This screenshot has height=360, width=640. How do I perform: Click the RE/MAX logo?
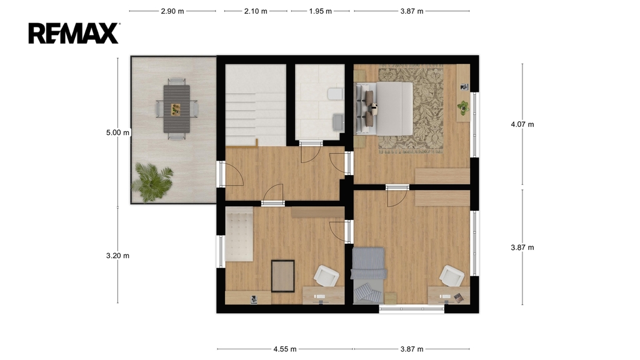[74, 33]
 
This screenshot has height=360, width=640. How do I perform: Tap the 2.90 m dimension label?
[172, 11]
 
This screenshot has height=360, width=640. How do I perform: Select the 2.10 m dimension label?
[256, 11]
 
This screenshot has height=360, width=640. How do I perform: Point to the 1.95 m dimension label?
[321, 11]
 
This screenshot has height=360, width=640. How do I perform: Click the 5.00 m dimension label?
[117, 132]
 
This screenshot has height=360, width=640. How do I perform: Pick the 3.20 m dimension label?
[117, 256]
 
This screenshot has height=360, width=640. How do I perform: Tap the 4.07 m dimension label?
[522, 124]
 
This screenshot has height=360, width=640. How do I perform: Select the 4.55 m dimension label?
[285, 349]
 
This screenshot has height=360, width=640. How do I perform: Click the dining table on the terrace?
[177, 109]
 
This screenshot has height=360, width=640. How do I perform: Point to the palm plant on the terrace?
[152, 182]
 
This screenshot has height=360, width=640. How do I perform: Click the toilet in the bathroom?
[335, 94]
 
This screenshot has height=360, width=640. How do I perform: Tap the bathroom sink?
[337, 122]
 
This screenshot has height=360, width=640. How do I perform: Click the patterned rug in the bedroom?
[411, 109]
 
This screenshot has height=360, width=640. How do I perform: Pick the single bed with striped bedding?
[369, 276]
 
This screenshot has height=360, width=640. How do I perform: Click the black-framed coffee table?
[283, 276]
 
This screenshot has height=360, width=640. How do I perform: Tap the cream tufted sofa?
[239, 234]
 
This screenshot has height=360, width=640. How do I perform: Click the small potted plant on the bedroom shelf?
[463, 107]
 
